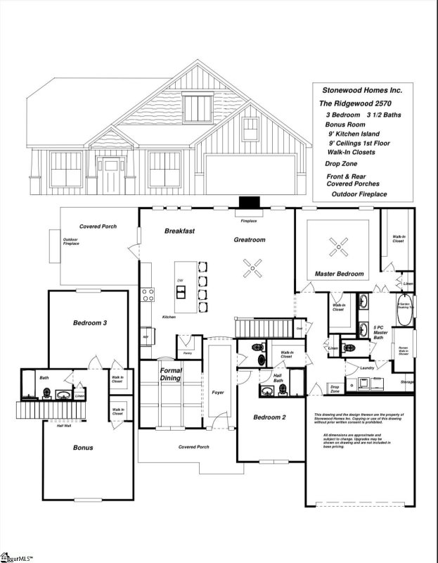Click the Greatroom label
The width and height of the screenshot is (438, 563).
pos(250,240)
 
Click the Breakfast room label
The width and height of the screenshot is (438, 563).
pos(179,231)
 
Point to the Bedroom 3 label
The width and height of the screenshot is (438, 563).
pos(90,323)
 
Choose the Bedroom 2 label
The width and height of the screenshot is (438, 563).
pos(269,417)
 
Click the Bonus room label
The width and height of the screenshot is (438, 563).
pos(83,447)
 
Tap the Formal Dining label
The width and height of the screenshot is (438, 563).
pos(172,374)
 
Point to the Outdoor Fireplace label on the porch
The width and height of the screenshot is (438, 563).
pos(71,241)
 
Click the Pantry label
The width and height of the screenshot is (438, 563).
pos(187,353)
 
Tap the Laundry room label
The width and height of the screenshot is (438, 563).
pos(365,368)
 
